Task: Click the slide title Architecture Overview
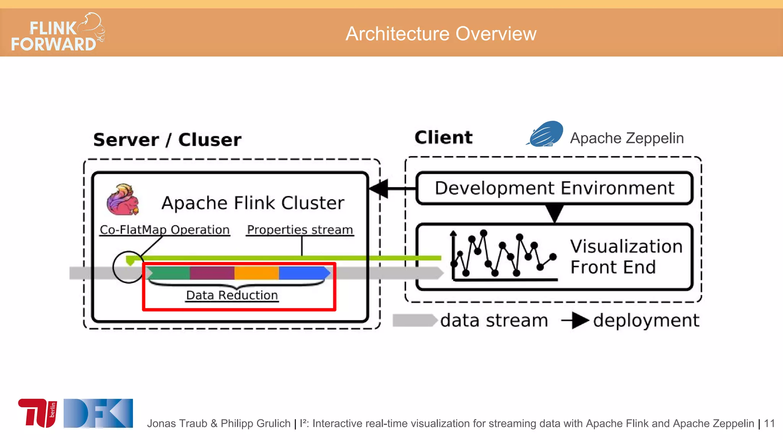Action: pyautogui.click(x=441, y=34)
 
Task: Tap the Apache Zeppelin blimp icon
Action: pyautogui.click(x=545, y=134)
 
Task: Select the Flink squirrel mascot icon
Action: pyautogui.click(x=122, y=199)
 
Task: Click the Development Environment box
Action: pyautogui.click(x=554, y=188)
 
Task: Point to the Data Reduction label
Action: pyautogui.click(x=232, y=295)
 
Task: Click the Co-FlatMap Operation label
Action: pyautogui.click(x=164, y=230)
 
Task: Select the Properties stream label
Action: pyautogui.click(x=300, y=230)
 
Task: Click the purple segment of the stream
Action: pyautogui.click(x=212, y=273)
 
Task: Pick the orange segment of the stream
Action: pyautogui.click(x=256, y=273)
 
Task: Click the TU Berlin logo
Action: pyautogui.click(x=37, y=413)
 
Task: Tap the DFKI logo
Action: pyautogui.click(x=98, y=413)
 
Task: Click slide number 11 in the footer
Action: pyautogui.click(x=769, y=424)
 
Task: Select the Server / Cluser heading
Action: pyautogui.click(x=167, y=140)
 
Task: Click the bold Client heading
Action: pyautogui.click(x=443, y=137)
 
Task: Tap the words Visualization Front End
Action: pyautogui.click(x=626, y=257)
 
